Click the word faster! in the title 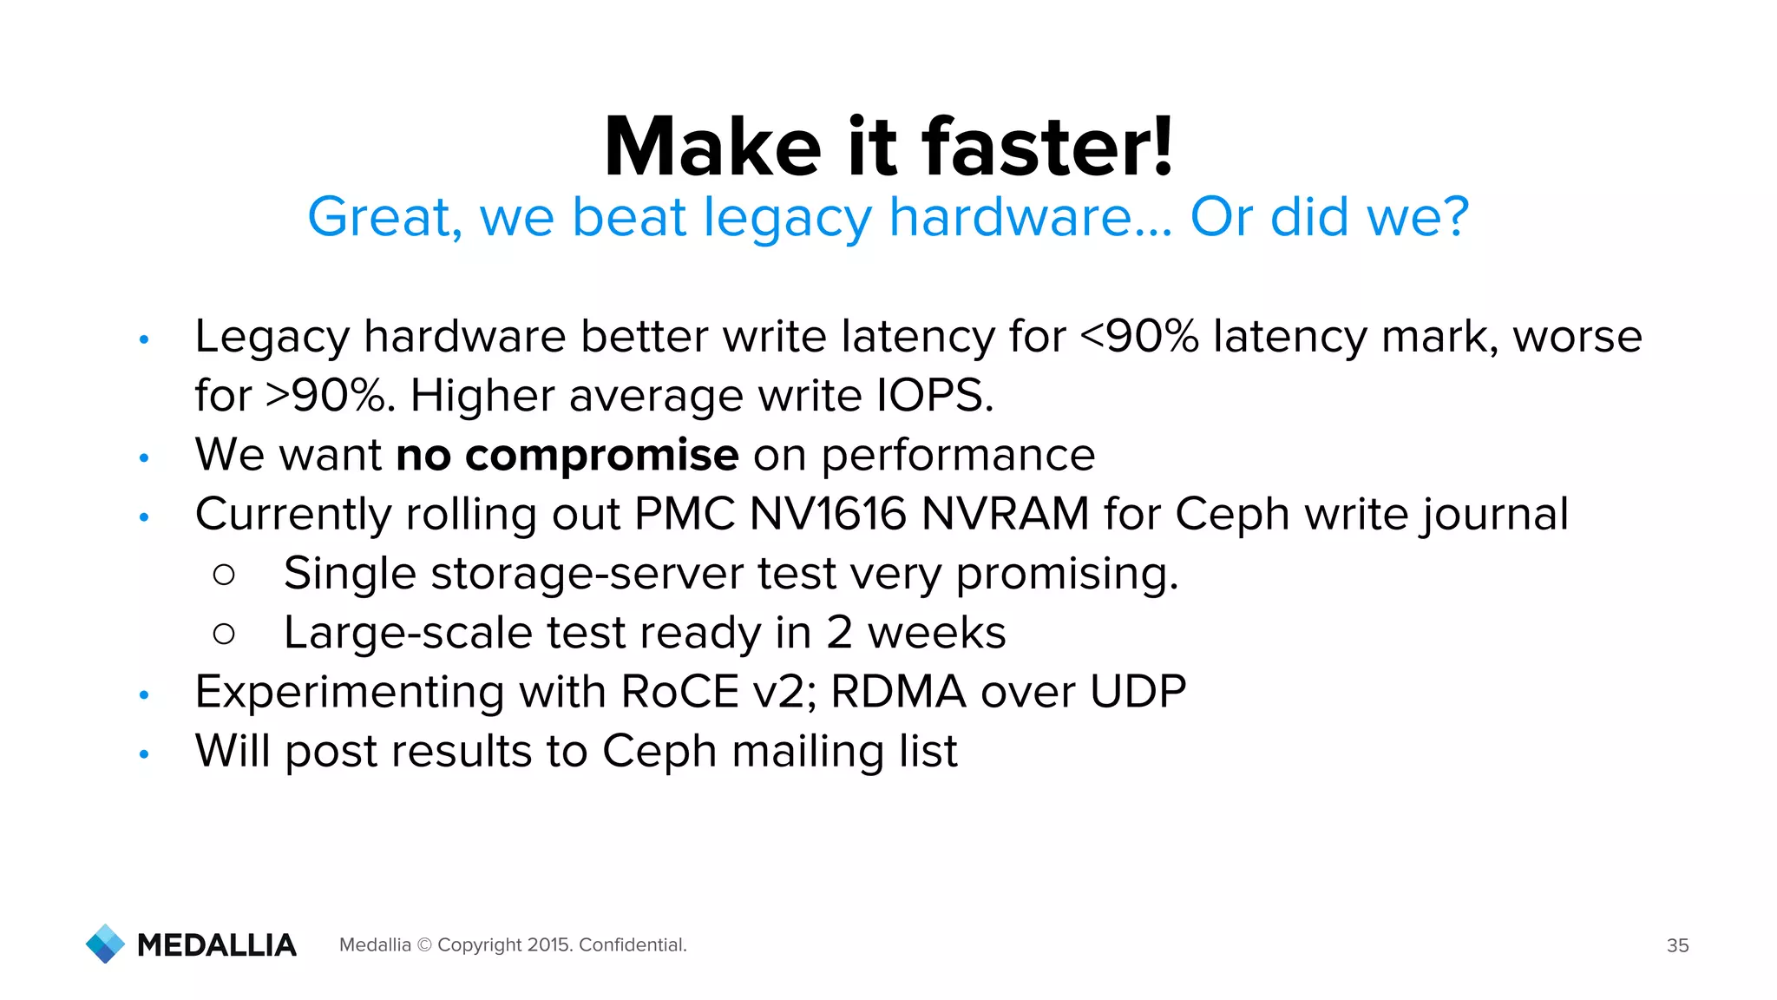1047,147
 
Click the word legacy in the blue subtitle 786,217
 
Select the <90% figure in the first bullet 1139,336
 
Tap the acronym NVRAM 1005,514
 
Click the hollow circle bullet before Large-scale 224,634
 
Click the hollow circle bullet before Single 224,575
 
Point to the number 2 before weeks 839,633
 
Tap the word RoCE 679,692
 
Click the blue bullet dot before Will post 144,753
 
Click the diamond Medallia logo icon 106,944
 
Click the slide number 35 1677,945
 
